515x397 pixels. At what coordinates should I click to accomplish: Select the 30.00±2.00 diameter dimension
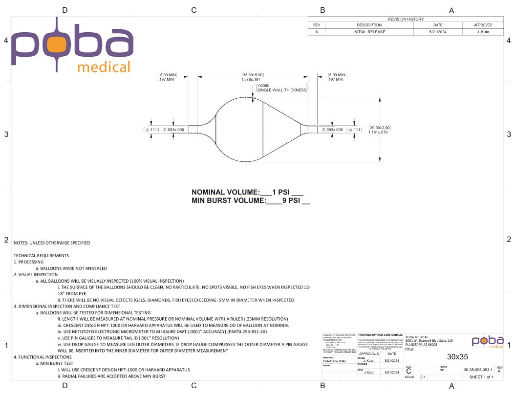(x=380, y=128)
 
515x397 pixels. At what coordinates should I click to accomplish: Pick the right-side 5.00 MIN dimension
(x=337, y=75)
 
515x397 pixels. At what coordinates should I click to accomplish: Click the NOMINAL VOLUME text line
(x=248, y=192)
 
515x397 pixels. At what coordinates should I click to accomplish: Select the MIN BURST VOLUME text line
(x=251, y=200)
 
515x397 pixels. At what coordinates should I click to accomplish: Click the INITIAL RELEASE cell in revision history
(x=369, y=32)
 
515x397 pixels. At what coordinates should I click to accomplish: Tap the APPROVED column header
(x=483, y=25)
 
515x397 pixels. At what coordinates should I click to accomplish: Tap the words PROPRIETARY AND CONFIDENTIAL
(x=380, y=335)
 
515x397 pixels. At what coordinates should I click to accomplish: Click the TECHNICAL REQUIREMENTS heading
(x=41, y=256)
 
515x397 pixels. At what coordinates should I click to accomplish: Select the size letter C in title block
(x=408, y=371)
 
